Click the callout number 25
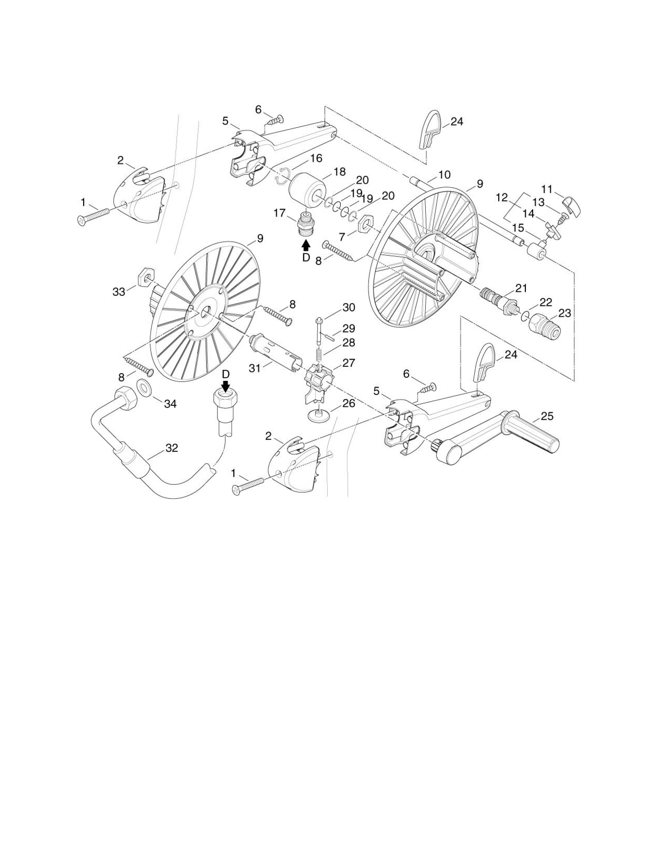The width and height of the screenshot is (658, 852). point(547,416)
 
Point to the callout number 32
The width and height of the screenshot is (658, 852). point(172,448)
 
